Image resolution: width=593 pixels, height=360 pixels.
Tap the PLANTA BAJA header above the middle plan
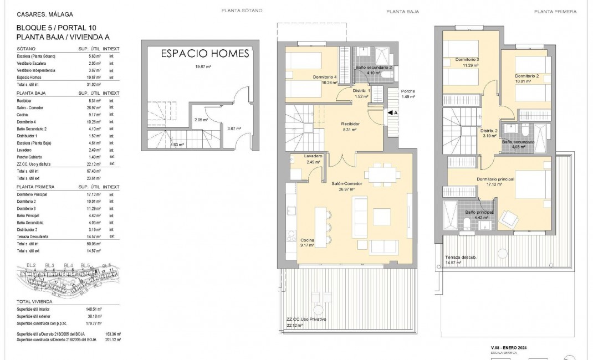click(x=402, y=12)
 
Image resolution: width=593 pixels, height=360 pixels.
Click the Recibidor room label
click(x=351, y=124)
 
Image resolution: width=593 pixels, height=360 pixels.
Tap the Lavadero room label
click(x=313, y=156)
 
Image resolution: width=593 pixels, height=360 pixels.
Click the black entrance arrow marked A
click(x=391, y=112)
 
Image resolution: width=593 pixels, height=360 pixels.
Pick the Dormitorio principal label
click(x=495, y=179)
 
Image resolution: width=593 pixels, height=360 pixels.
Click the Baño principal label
click(x=479, y=212)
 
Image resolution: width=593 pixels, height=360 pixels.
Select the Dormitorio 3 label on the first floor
click(x=467, y=59)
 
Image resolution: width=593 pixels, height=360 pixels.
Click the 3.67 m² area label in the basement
click(x=234, y=128)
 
